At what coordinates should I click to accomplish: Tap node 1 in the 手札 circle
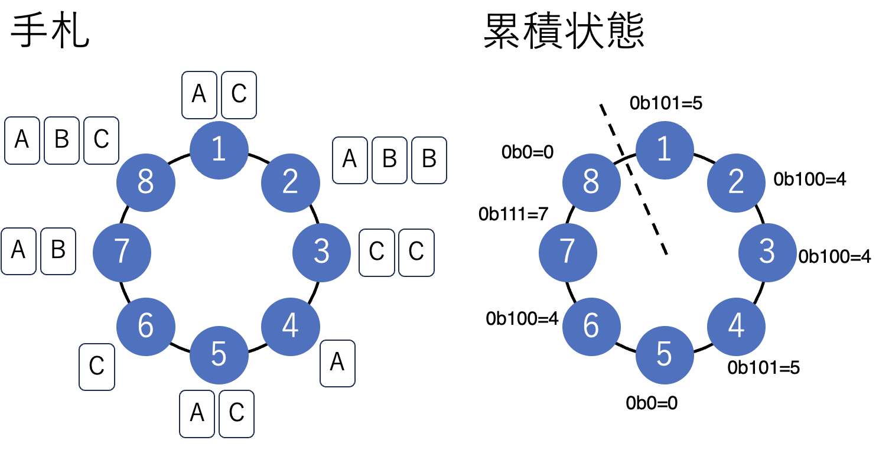(x=219, y=150)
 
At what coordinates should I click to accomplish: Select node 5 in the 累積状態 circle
(x=664, y=354)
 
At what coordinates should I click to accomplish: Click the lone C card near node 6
(x=97, y=367)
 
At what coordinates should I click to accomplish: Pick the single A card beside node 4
(x=337, y=363)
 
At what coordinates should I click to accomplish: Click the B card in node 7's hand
(x=58, y=250)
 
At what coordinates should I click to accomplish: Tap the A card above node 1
(x=199, y=94)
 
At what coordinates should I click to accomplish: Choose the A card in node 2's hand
(x=350, y=159)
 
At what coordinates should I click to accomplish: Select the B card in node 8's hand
(x=61, y=140)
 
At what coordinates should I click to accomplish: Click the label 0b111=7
(x=514, y=214)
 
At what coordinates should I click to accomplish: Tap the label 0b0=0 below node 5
(x=652, y=403)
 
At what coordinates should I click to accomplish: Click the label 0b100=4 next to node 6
(x=522, y=319)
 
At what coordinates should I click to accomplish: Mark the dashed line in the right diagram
(x=634, y=180)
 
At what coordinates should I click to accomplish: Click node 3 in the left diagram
(x=321, y=252)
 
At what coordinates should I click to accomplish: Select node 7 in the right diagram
(x=568, y=252)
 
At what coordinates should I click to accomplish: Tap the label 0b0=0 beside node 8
(x=527, y=152)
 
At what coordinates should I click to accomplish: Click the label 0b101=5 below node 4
(x=763, y=367)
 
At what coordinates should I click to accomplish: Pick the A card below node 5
(x=197, y=413)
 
